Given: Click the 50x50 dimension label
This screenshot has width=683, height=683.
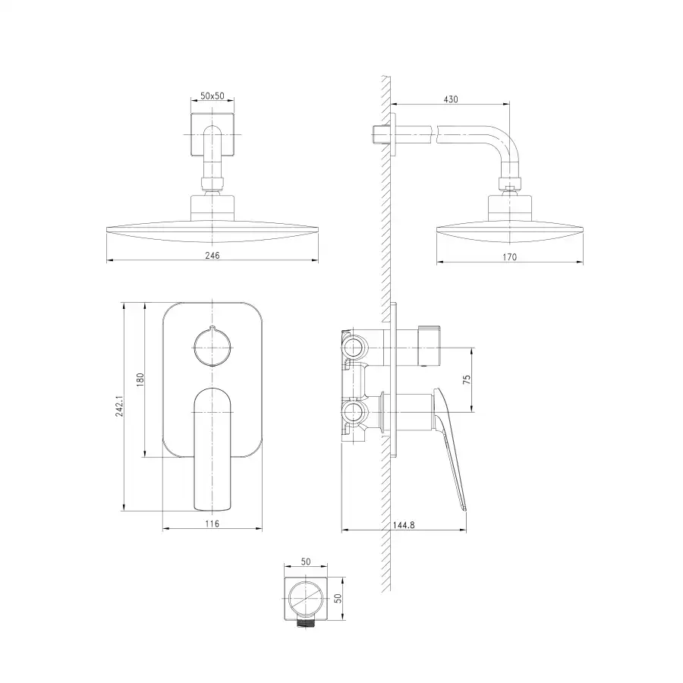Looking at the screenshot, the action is [x=212, y=96].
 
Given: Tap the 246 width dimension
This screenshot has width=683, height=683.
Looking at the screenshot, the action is [x=212, y=255].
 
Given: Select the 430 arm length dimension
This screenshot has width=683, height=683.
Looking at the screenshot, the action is [x=451, y=99].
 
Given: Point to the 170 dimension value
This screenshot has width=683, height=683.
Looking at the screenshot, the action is [x=509, y=257].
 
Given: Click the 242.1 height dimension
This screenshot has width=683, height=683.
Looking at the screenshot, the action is [x=119, y=407].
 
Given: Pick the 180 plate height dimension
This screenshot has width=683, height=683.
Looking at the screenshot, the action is [x=140, y=380].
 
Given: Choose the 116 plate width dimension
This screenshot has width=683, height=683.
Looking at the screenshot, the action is [x=212, y=524].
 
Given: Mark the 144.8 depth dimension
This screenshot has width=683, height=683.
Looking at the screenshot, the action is [x=404, y=525].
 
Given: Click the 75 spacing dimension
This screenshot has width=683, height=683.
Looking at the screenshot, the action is [x=467, y=379].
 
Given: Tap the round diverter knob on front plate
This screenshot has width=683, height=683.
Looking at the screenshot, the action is [x=212, y=347].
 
